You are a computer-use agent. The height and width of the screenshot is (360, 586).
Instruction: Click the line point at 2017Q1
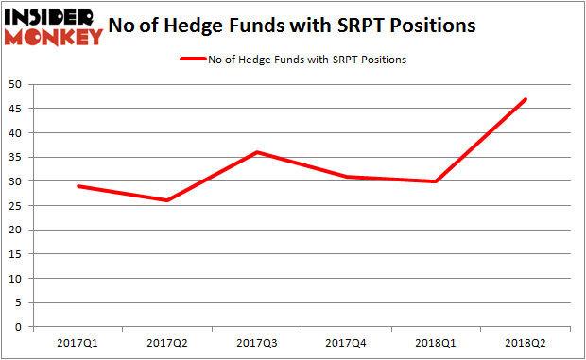(78, 186)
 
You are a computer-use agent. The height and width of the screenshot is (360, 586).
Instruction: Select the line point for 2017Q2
(167, 200)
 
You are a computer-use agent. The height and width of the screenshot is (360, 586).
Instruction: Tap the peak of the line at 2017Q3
(257, 152)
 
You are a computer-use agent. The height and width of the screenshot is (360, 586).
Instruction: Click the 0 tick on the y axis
(21, 327)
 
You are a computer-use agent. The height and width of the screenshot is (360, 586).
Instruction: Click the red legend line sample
(199, 60)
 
